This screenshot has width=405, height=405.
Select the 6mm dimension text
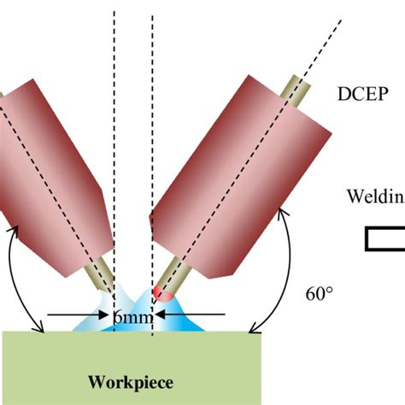132,318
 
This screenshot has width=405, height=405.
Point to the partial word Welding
374,197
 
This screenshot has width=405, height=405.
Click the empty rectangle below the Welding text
385,239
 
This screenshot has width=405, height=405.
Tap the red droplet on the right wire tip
161,295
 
